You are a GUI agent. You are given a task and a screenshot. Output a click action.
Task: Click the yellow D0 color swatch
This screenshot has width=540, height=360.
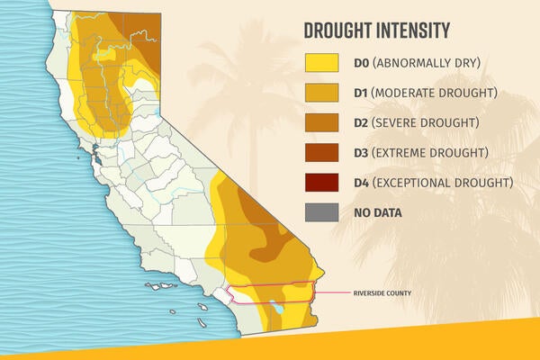(321, 63)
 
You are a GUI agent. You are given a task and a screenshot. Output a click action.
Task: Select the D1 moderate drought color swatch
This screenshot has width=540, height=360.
(321, 93)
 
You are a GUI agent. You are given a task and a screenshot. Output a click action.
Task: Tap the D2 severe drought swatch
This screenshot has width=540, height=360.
(321, 122)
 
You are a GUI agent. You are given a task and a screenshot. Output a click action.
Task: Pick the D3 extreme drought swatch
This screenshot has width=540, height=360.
(321, 152)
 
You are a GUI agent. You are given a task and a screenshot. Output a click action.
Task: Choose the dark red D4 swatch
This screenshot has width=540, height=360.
(321, 182)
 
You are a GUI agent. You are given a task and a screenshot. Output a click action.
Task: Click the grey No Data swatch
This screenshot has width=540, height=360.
(321, 212)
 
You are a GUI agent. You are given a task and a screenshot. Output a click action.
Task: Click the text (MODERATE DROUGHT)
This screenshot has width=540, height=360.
(435, 93)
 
